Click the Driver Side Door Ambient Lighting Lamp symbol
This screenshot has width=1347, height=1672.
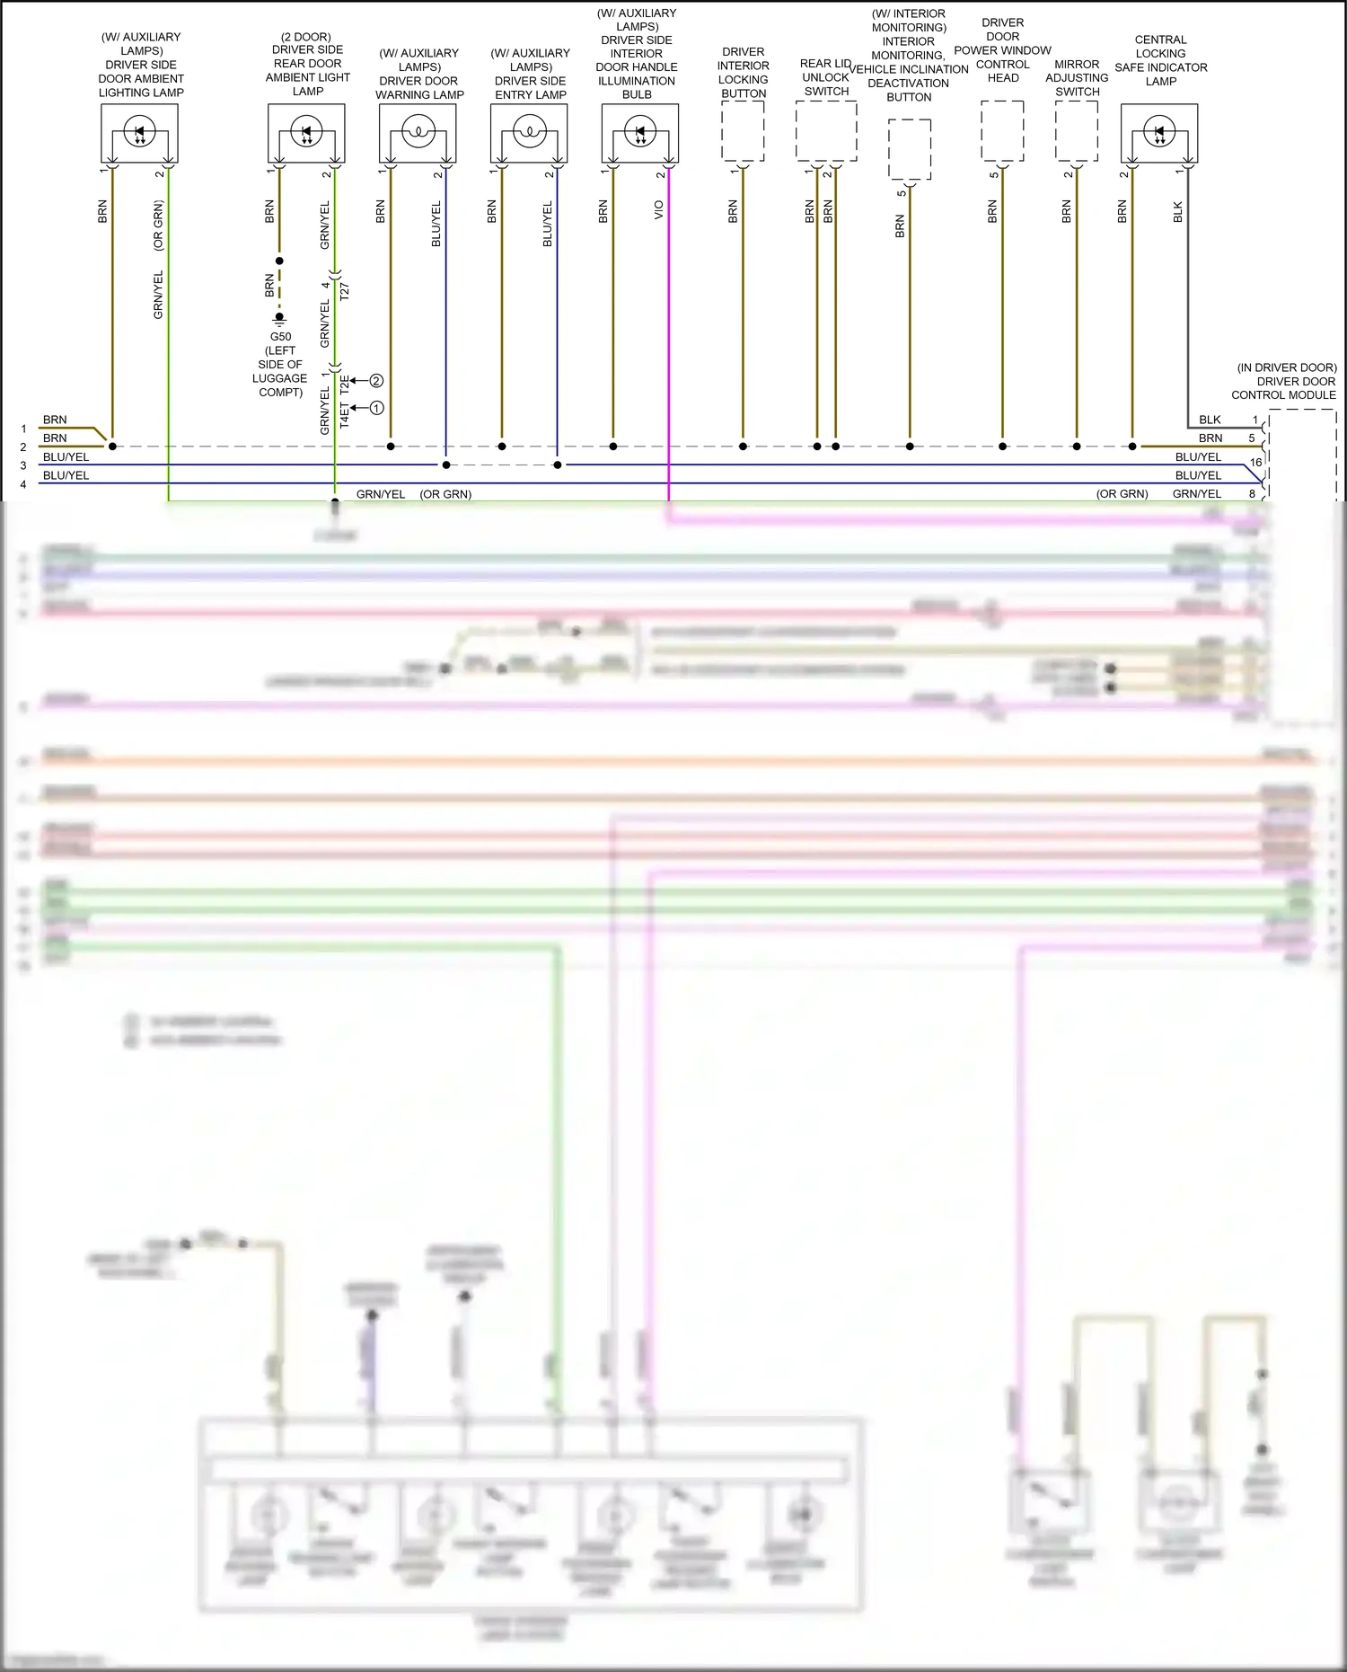click(139, 133)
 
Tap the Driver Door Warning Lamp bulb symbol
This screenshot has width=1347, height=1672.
click(418, 133)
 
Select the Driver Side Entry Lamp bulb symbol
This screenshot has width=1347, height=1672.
click(529, 133)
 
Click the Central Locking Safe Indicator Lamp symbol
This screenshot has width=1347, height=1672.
click(1158, 133)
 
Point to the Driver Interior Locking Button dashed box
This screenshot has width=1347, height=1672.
click(743, 131)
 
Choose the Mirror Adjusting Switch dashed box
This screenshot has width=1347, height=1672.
click(1076, 131)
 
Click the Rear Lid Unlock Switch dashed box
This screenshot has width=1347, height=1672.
click(826, 131)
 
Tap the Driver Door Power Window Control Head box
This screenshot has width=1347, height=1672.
click(1002, 131)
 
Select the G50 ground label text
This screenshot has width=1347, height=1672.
click(280, 337)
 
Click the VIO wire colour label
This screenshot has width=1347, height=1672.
click(658, 209)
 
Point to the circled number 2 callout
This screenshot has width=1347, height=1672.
click(376, 381)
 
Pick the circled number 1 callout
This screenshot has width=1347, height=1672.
click(376, 408)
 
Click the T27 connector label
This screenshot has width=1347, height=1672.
click(345, 291)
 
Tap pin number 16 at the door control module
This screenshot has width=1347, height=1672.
click(1255, 462)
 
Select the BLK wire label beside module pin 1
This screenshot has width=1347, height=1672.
click(1210, 420)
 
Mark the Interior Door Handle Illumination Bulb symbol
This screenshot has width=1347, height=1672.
click(639, 133)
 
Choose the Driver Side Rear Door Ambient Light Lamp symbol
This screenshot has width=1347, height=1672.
click(306, 133)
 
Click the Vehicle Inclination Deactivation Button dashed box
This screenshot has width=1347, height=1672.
click(910, 149)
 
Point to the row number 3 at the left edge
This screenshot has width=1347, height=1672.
click(23, 465)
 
